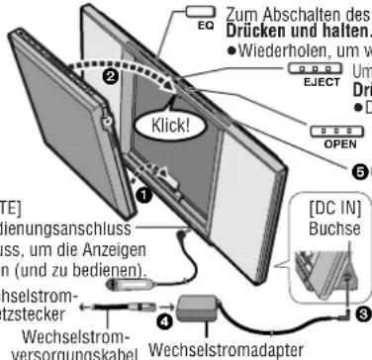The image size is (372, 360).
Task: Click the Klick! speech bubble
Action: click(157, 128)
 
